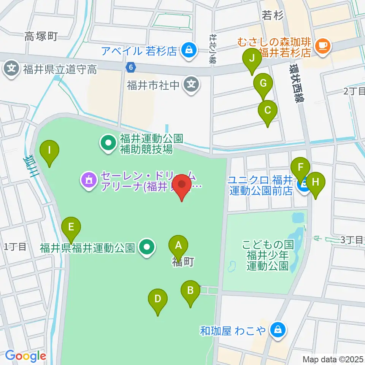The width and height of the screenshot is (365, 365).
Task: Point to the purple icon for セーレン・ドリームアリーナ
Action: coord(89,179)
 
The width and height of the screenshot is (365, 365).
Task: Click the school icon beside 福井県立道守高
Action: coord(12,69)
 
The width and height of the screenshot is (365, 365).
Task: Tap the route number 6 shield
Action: coord(131,67)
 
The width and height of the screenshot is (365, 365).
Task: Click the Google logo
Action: coord(25,356)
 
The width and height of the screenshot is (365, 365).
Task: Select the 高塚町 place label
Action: coord(41,36)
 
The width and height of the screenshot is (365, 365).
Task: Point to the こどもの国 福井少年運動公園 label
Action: coord(267,254)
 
